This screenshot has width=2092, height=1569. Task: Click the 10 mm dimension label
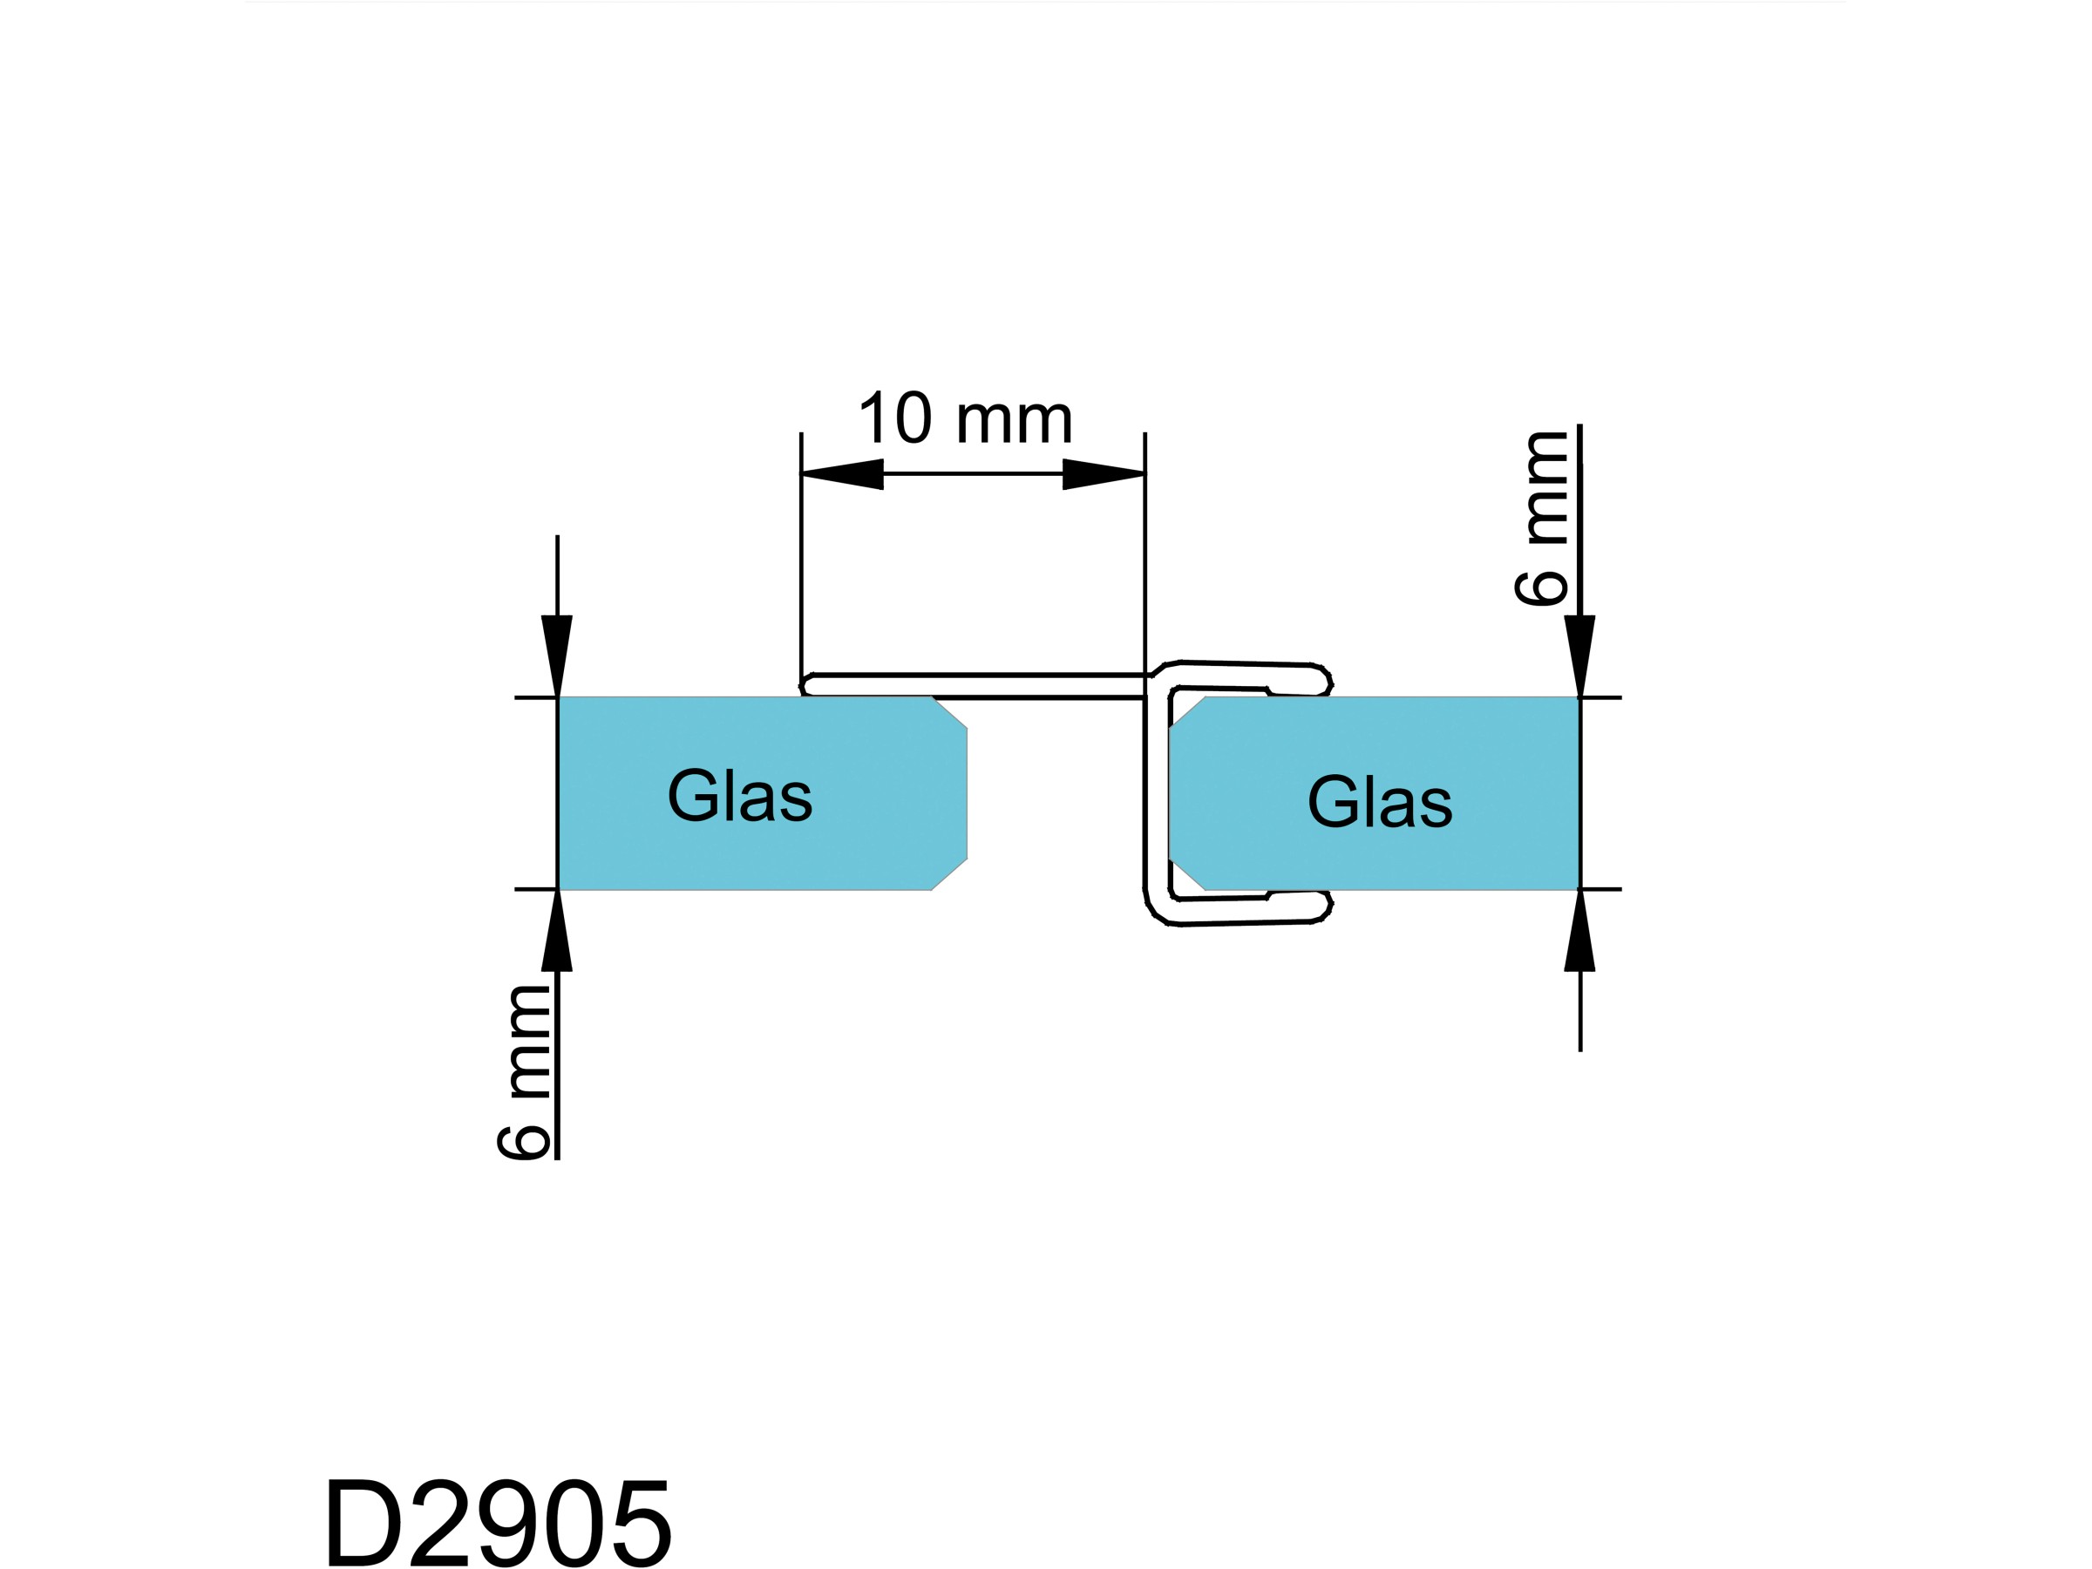point(965,418)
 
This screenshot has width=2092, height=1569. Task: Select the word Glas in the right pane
point(1379,802)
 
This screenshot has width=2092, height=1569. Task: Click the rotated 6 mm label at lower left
point(523,1072)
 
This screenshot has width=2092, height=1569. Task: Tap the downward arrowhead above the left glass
point(557,655)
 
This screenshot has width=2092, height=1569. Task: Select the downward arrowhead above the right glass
point(1579,655)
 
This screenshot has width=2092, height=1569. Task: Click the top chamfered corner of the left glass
point(950,713)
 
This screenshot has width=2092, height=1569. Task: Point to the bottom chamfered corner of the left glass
point(950,874)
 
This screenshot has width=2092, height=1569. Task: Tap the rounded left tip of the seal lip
point(806,685)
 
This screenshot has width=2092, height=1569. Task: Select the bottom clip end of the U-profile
point(1324,908)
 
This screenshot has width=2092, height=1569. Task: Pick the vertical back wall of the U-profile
point(1145,794)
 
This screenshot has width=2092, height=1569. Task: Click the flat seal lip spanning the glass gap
point(975,686)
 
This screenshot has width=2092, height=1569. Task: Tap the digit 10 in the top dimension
point(894,418)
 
